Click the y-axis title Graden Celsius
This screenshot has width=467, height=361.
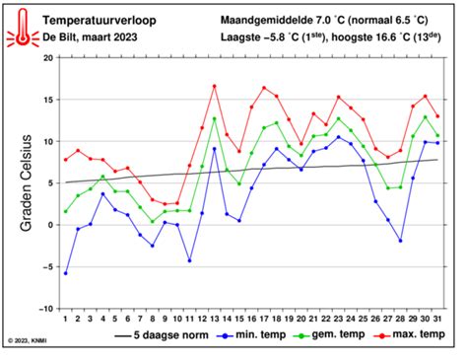(27, 182)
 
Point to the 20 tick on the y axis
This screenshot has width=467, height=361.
(45, 58)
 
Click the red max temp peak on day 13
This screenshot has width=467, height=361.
(214, 86)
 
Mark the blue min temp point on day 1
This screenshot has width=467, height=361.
(65, 272)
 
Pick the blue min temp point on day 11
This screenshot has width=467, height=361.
(189, 260)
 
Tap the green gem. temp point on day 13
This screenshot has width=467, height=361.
(214, 118)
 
